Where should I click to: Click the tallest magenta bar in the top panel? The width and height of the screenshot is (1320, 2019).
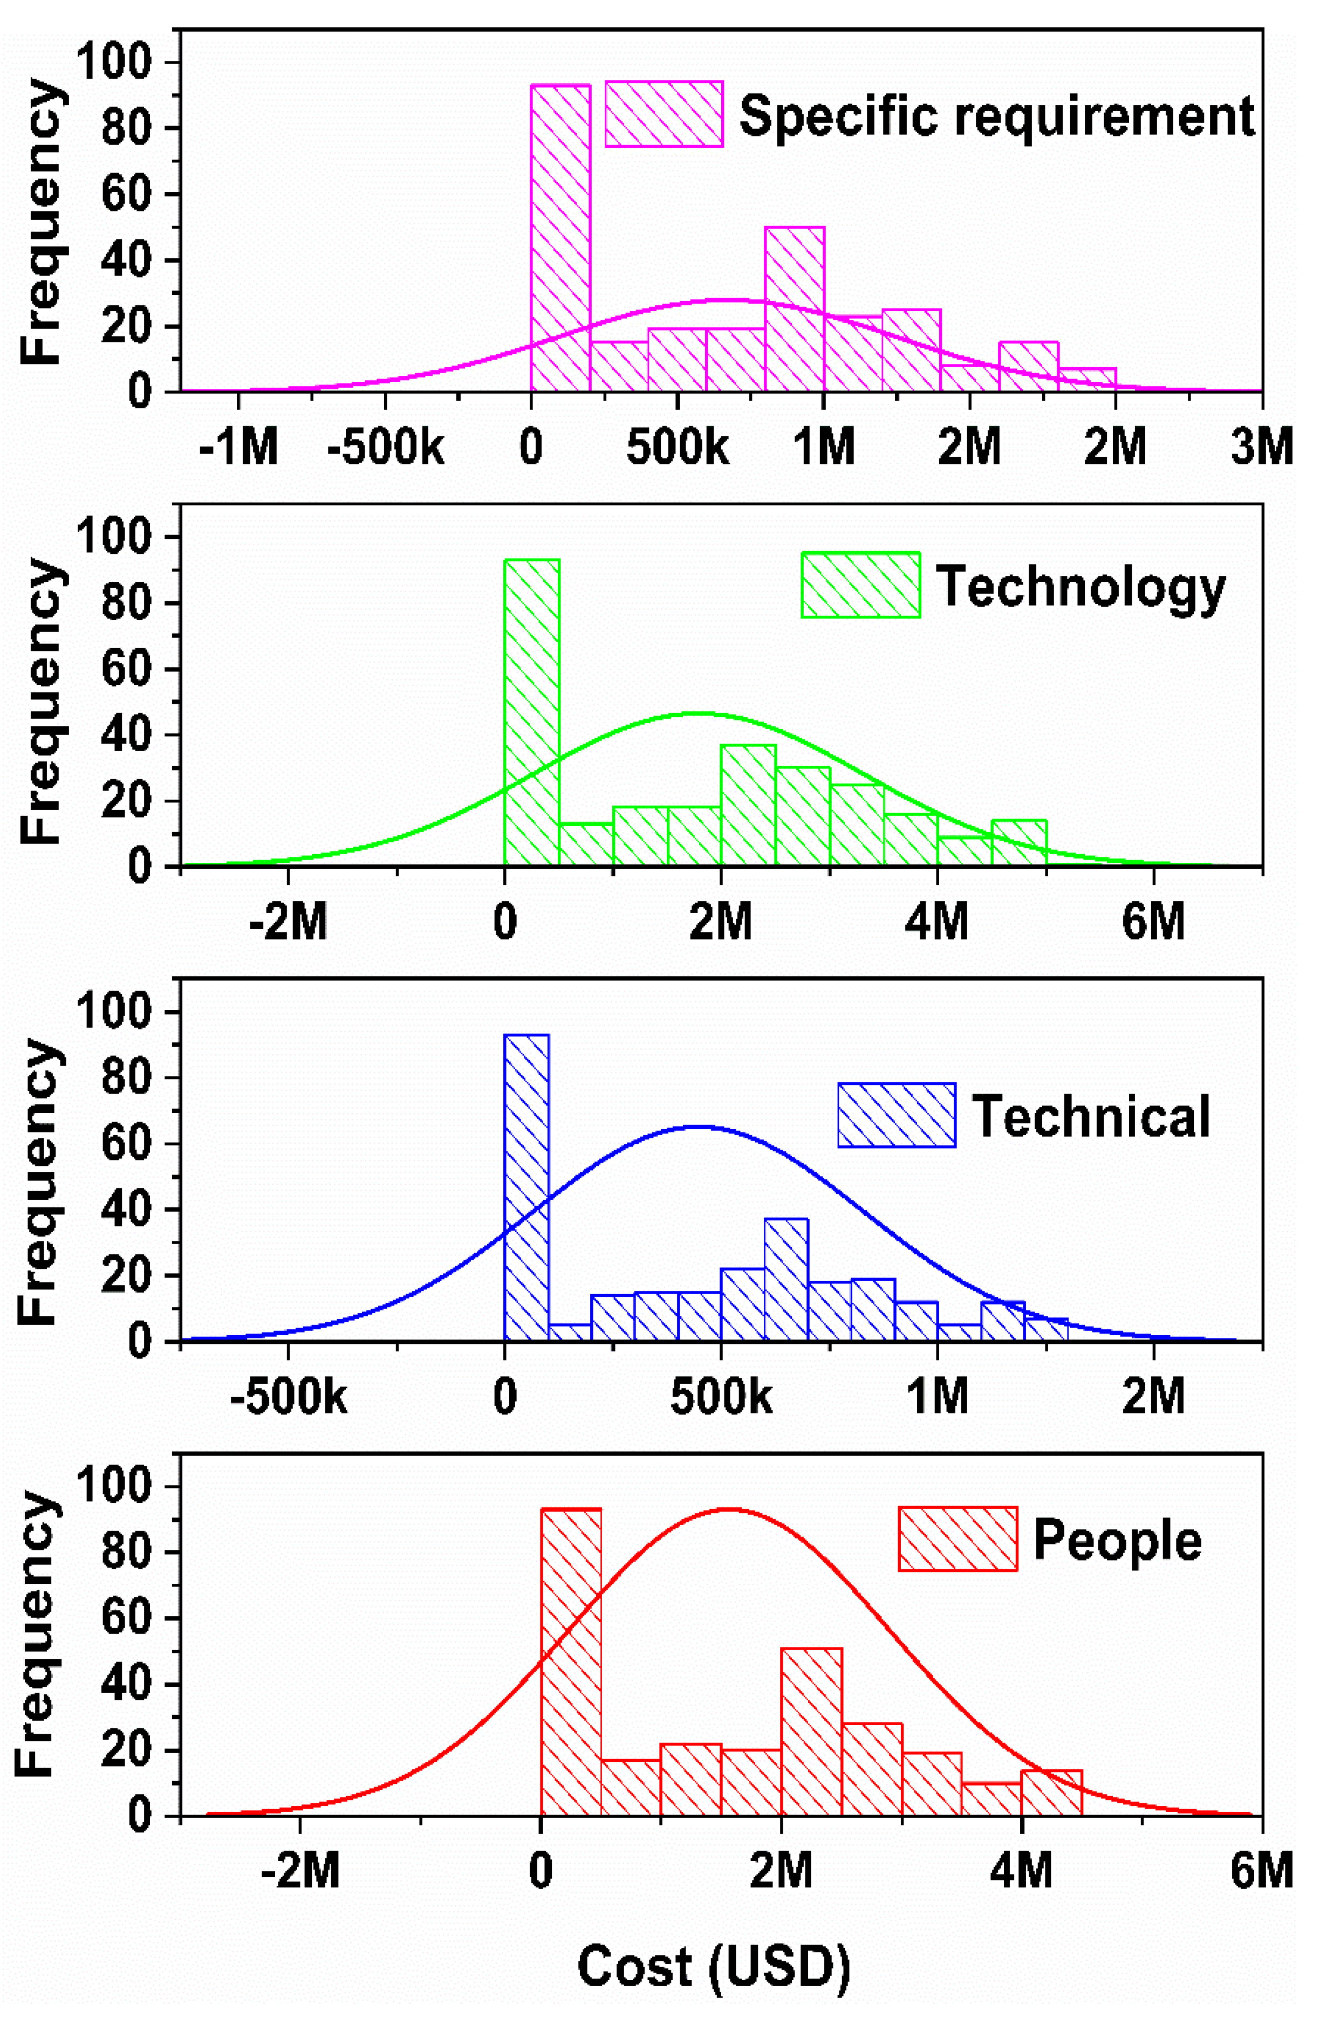pos(560,237)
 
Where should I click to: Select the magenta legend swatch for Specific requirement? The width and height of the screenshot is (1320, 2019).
pos(664,114)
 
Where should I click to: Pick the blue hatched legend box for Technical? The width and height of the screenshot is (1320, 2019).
pos(896,1115)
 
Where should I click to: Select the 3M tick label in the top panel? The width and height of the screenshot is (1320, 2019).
pos(1261,447)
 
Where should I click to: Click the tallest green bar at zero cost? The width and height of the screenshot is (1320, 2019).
pos(532,712)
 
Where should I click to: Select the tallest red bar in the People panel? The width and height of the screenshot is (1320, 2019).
pos(571,1663)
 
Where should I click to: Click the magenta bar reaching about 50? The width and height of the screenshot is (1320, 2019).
pos(794,310)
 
